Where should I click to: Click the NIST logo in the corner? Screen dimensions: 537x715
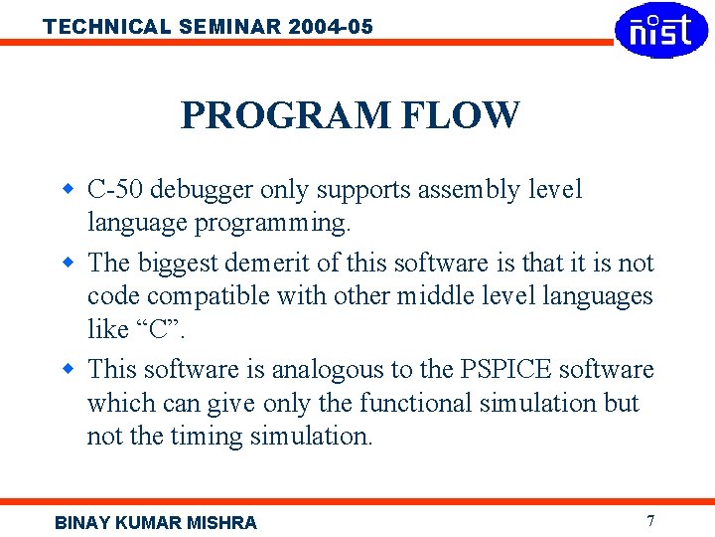coord(661,30)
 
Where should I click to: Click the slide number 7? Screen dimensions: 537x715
coord(650,520)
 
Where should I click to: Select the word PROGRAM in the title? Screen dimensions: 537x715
coord(286,115)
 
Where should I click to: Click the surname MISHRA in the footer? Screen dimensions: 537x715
coord(220,522)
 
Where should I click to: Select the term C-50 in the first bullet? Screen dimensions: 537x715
coord(115,189)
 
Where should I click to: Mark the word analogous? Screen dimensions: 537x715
coord(327,370)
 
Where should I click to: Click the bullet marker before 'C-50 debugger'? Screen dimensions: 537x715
coord(69,188)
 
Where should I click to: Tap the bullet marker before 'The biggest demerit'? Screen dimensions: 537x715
coord(69,263)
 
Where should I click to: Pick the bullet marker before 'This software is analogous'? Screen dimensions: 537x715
coord(69,369)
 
